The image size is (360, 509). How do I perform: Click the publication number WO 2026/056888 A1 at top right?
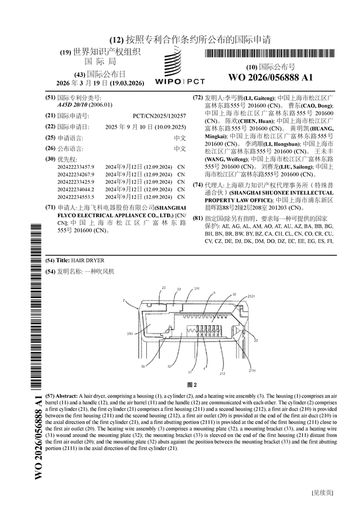tap(270, 78)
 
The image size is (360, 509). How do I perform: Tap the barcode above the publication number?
tap(270, 55)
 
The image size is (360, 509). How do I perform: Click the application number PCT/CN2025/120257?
tap(159, 116)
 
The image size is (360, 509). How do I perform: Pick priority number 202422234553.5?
tap(76, 197)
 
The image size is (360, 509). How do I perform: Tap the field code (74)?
tap(197, 185)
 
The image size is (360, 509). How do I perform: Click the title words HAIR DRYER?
tap(86, 260)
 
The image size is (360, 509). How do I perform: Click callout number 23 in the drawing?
tap(164, 287)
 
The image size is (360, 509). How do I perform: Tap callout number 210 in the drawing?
tap(130, 334)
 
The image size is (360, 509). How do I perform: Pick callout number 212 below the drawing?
tap(223, 373)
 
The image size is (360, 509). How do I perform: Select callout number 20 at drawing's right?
tap(256, 340)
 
